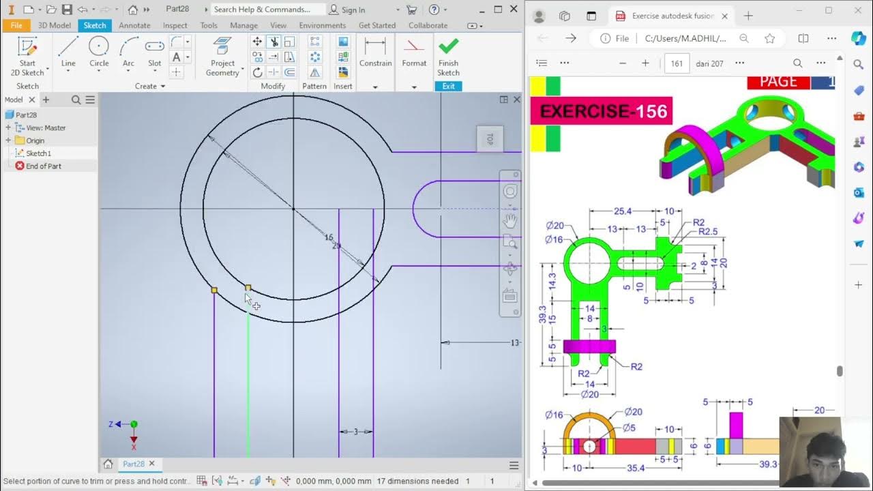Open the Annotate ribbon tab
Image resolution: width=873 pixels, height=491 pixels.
(134, 25)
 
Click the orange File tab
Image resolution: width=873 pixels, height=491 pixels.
(16, 25)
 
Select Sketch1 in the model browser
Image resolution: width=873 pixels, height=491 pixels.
(38, 153)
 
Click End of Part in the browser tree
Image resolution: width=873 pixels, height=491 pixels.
(43, 166)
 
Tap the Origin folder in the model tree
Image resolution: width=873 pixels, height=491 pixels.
(35, 140)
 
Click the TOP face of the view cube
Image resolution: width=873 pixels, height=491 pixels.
(489, 139)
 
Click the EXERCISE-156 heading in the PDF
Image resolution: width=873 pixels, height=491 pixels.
(603, 111)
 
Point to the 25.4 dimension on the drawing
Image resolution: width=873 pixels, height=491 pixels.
(622, 211)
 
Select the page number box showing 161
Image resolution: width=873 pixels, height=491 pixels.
(677, 63)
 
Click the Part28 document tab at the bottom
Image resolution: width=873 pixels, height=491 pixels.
(133, 464)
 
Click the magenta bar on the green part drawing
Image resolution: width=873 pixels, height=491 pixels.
(589, 346)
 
